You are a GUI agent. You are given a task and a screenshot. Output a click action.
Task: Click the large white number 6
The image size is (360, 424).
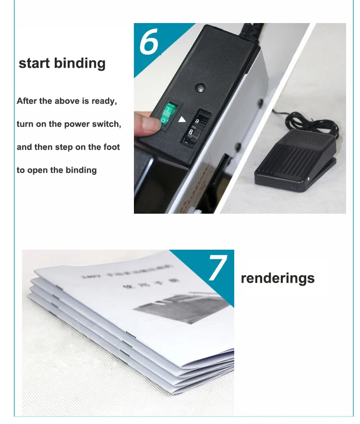[x=149, y=42]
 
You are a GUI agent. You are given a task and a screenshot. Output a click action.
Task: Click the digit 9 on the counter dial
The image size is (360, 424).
[x=197, y=121]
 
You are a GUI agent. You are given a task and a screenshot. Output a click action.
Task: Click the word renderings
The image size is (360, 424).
[x=277, y=278]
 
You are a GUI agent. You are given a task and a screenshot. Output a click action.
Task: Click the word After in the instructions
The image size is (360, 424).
[x=27, y=101]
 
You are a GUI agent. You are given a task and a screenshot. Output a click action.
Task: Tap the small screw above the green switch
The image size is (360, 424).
[x=198, y=88]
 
